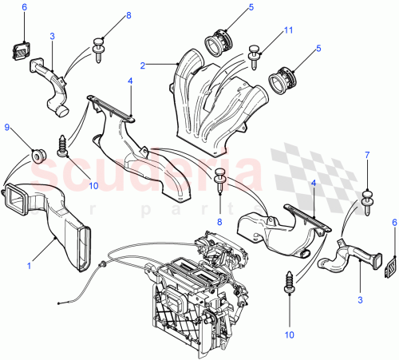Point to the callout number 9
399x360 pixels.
click(x=8, y=126)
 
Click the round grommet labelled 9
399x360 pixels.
click(x=35, y=152)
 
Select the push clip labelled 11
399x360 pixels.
click(x=257, y=53)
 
